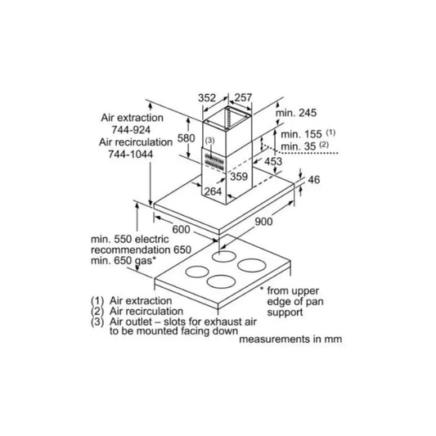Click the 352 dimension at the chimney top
[x=207, y=98]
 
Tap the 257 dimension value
[x=243, y=97]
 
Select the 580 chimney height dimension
[x=186, y=138]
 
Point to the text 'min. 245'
[x=296, y=113]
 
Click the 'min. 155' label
[x=301, y=134]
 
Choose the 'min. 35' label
[x=299, y=146]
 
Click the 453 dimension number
[x=273, y=161]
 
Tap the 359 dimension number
[x=239, y=177]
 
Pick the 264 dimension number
[x=213, y=191]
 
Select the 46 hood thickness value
[x=314, y=180]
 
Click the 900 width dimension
[x=263, y=222]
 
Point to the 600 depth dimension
[x=182, y=229]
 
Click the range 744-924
[x=131, y=130]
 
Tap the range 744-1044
[x=131, y=154]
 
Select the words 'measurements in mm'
[x=290, y=339]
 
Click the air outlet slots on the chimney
[x=214, y=161]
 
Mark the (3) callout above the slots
[x=210, y=141]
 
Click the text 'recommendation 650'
[x=141, y=249]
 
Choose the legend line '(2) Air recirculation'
[x=137, y=311]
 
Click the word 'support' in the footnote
[x=285, y=312]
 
